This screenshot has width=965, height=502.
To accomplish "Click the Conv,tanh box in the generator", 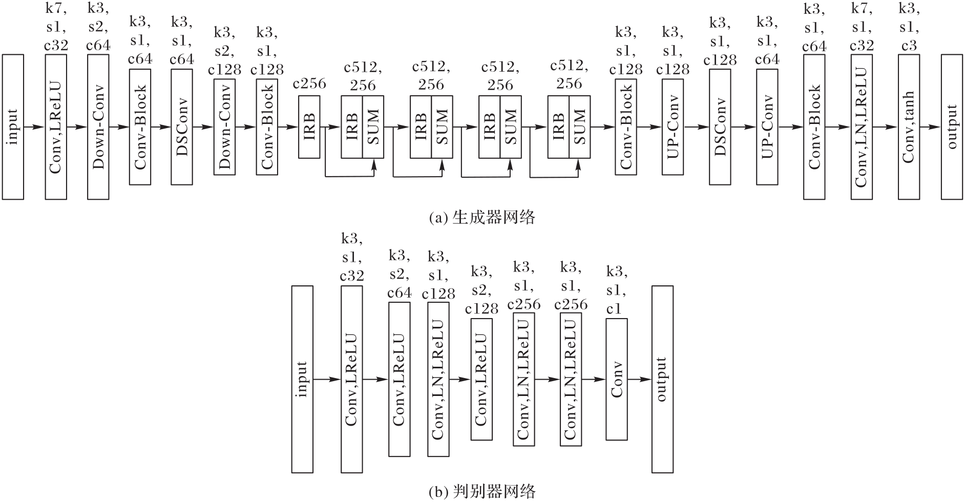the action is click(x=909, y=127).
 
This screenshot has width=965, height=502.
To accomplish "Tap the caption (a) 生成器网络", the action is click(x=482, y=218).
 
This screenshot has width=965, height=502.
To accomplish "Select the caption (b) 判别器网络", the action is click(x=482, y=491).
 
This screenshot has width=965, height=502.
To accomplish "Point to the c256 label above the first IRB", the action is click(x=309, y=83).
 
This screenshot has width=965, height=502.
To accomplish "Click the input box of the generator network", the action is click(x=13, y=127).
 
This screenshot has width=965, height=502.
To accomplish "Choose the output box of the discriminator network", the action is click(x=662, y=379).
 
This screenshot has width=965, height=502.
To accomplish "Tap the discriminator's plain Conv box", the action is click(x=617, y=379).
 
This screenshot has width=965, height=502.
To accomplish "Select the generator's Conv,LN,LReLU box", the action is click(x=862, y=127).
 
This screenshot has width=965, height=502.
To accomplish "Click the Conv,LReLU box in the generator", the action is click(x=56, y=127).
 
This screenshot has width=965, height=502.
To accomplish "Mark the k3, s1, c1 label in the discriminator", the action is click(x=617, y=290).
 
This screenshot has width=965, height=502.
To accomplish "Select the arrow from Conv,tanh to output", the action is click(x=931, y=127).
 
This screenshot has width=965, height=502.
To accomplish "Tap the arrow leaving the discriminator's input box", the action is click(x=327, y=379).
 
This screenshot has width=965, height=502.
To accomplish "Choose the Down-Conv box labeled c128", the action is click(x=224, y=127).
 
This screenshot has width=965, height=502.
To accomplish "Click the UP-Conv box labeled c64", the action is click(x=767, y=127).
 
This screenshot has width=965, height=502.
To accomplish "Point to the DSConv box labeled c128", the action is click(x=720, y=127).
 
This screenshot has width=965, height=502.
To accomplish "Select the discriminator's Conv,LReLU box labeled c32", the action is click(x=352, y=379).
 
